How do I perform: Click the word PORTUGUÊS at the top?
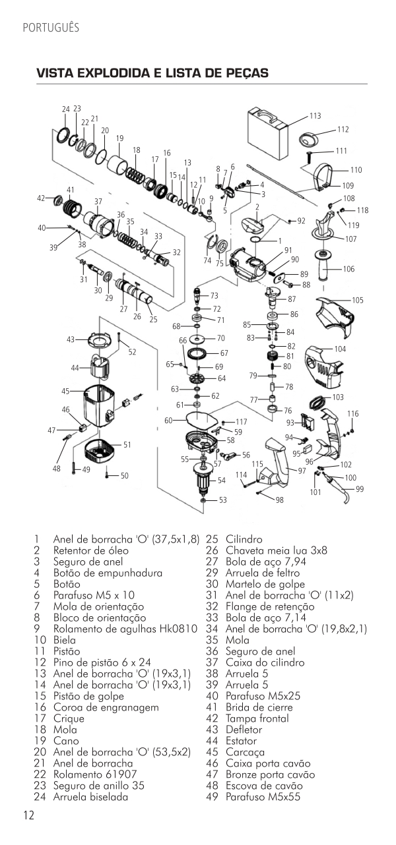pyautogui.click(x=51, y=28)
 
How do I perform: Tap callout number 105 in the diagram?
pyautogui.click(x=357, y=300)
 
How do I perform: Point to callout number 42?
pyautogui.click(x=41, y=198)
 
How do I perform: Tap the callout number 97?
pyautogui.click(x=302, y=471)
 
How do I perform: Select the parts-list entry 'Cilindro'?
pyautogui.click(x=244, y=539)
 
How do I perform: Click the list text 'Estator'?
pyautogui.click(x=241, y=740)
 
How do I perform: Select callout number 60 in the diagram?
pyautogui.click(x=168, y=420)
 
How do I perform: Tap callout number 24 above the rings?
pyautogui.click(x=66, y=109)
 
